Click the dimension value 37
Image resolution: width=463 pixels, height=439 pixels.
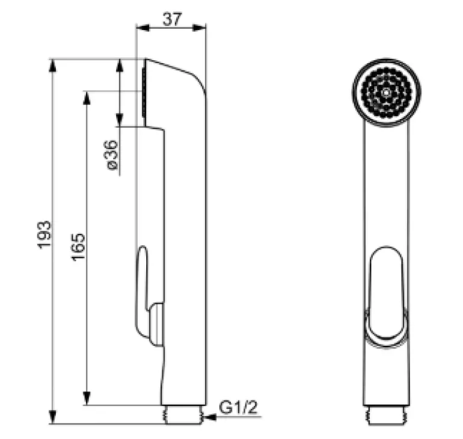(172, 19)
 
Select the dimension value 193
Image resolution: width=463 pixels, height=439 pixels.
(44, 235)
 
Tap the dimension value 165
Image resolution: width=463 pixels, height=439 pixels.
(78, 247)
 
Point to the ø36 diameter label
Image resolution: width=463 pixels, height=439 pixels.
(112, 155)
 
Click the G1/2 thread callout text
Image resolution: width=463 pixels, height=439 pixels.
(238, 408)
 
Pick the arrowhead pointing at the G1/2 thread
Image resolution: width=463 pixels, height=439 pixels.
(210, 417)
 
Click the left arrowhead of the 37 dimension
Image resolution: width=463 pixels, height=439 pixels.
(142, 28)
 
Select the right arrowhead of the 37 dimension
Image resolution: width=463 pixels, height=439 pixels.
(199, 28)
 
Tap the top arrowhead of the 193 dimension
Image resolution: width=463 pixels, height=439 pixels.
(52, 66)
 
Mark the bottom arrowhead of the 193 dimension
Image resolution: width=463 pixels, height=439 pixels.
(52, 417)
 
